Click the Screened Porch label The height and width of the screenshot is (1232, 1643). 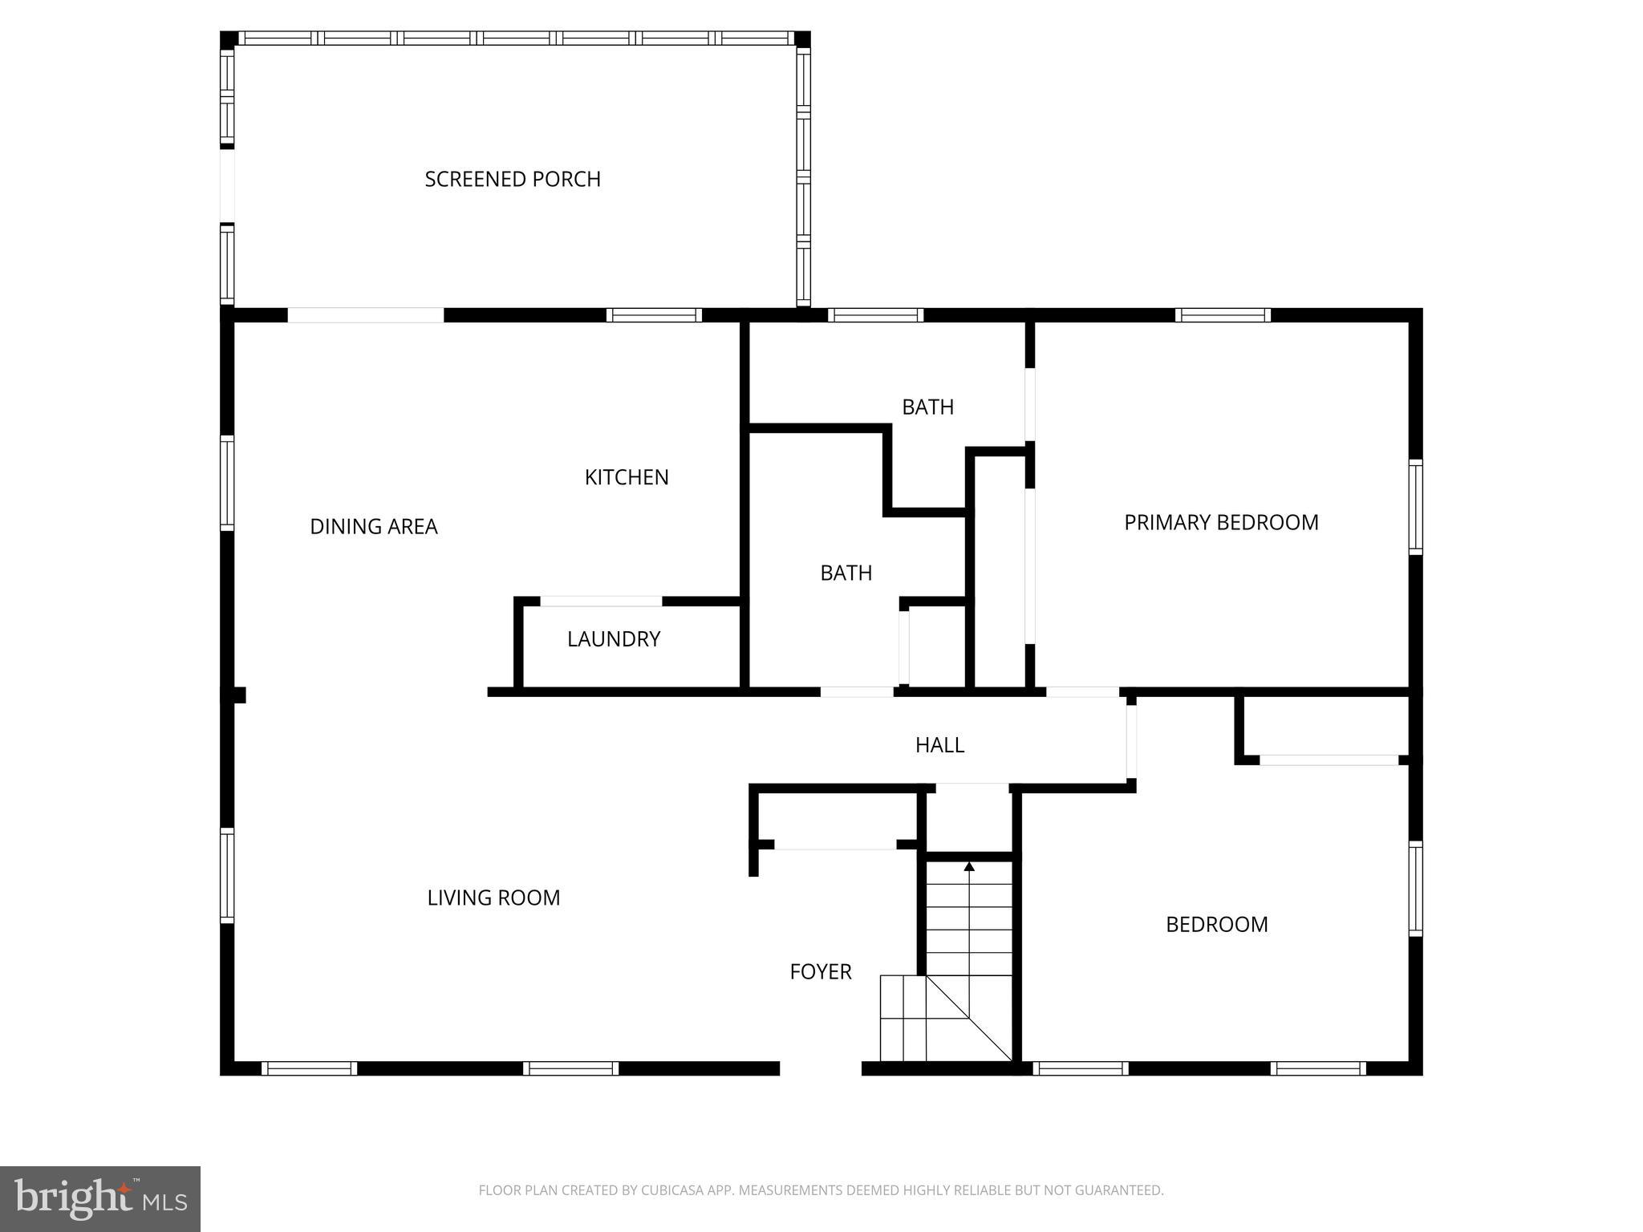point(513,179)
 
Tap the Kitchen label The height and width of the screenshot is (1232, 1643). point(627,477)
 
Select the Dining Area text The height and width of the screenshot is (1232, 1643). point(374,527)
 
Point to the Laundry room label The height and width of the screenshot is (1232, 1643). point(614,639)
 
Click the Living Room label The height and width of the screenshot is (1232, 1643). point(493,898)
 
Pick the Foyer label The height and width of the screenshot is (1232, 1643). point(821,971)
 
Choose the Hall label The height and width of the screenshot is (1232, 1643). point(939,745)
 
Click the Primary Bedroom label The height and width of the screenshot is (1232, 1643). point(1221,523)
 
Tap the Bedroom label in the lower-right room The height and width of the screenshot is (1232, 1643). point(1216,925)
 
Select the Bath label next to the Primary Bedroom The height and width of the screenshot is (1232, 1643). point(927,407)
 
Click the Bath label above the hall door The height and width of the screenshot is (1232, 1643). point(846,573)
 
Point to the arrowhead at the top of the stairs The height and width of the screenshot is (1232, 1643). point(969,866)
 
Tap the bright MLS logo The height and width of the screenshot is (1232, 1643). point(100,1198)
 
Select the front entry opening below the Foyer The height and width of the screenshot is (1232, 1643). point(821,1068)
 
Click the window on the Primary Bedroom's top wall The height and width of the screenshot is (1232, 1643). point(1223,315)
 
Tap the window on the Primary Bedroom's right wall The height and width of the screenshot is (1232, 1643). point(1416,507)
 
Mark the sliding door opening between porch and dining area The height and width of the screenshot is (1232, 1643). point(366,315)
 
